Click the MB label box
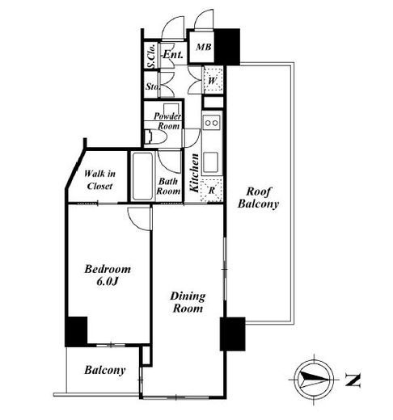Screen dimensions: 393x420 [x=204, y=47]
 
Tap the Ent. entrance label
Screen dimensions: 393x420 [x=173, y=55]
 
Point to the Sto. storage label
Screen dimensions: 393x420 [x=153, y=86]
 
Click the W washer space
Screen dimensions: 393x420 [x=213, y=80]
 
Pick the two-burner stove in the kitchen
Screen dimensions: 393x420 [x=212, y=123]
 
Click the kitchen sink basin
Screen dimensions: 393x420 [x=210, y=162]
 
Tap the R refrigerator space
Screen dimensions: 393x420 [x=212, y=190]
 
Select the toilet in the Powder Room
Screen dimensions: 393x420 [x=154, y=136]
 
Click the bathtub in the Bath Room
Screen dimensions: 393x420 [x=142, y=176]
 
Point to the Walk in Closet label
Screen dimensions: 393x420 [x=99, y=179]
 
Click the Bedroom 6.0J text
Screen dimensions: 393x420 [x=108, y=275]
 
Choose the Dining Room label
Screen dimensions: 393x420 [x=188, y=302]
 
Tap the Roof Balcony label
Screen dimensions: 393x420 [x=258, y=198]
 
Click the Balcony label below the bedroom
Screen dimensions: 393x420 [x=105, y=370]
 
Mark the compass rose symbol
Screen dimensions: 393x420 [x=314, y=380]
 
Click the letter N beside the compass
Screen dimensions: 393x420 [x=353, y=380]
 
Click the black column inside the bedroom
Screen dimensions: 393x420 [x=77, y=331]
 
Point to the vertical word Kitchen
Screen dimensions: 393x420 [x=194, y=173]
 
